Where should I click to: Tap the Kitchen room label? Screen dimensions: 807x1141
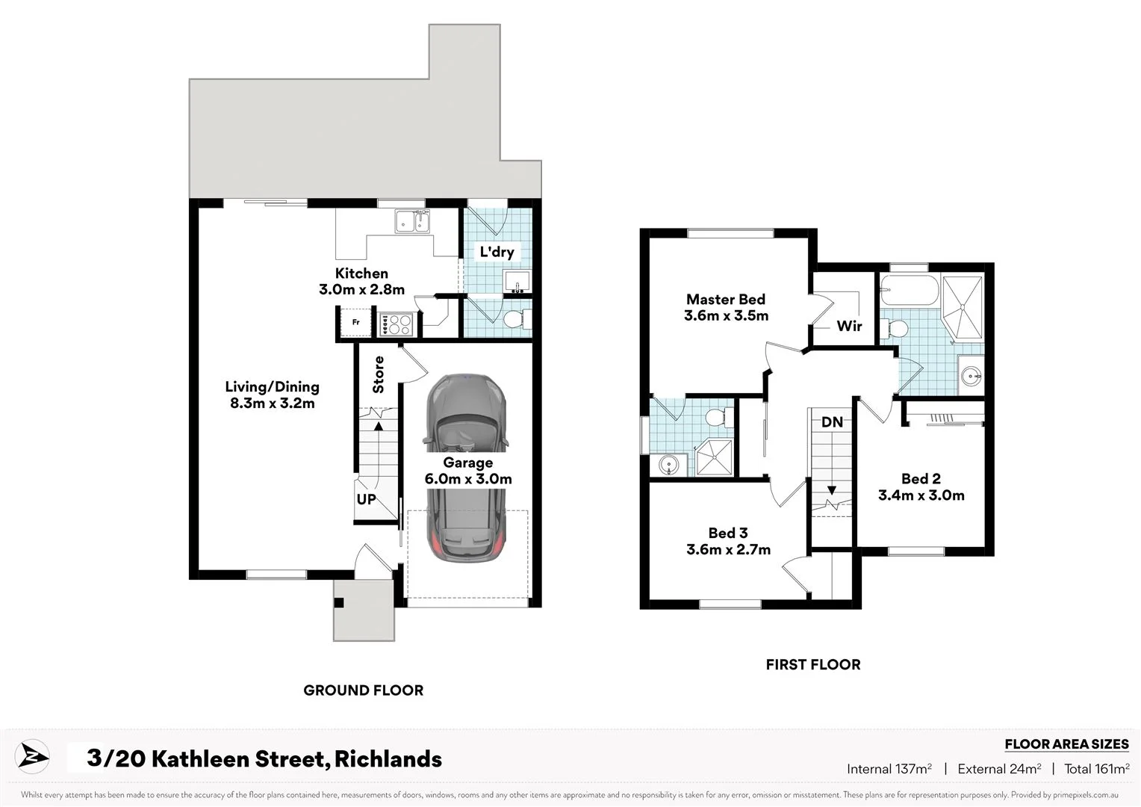[x=361, y=273]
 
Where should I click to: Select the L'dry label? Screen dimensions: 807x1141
[x=497, y=252]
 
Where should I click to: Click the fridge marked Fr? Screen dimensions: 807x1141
[x=356, y=323]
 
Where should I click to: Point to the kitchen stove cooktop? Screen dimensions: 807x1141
[x=396, y=324]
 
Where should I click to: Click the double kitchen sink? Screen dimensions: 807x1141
[x=413, y=222]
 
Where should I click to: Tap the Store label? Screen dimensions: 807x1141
[x=379, y=374]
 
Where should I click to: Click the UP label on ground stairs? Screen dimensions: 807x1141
[x=366, y=499]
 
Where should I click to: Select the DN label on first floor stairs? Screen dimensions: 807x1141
[x=832, y=422]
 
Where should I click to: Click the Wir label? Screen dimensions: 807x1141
[x=849, y=326]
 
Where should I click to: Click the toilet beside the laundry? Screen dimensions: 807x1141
[x=515, y=320]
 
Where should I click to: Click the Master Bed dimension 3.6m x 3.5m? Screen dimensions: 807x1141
[x=726, y=315]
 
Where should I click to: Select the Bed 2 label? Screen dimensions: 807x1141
[x=921, y=479]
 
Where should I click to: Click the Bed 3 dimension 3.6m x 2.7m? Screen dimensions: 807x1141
[x=728, y=549]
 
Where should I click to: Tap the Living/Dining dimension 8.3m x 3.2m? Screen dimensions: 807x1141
[x=273, y=403]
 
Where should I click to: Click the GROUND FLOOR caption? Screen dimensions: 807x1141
[x=363, y=690]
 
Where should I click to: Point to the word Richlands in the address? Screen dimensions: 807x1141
[x=388, y=759]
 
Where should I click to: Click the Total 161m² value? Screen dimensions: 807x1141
[x=1096, y=768]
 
